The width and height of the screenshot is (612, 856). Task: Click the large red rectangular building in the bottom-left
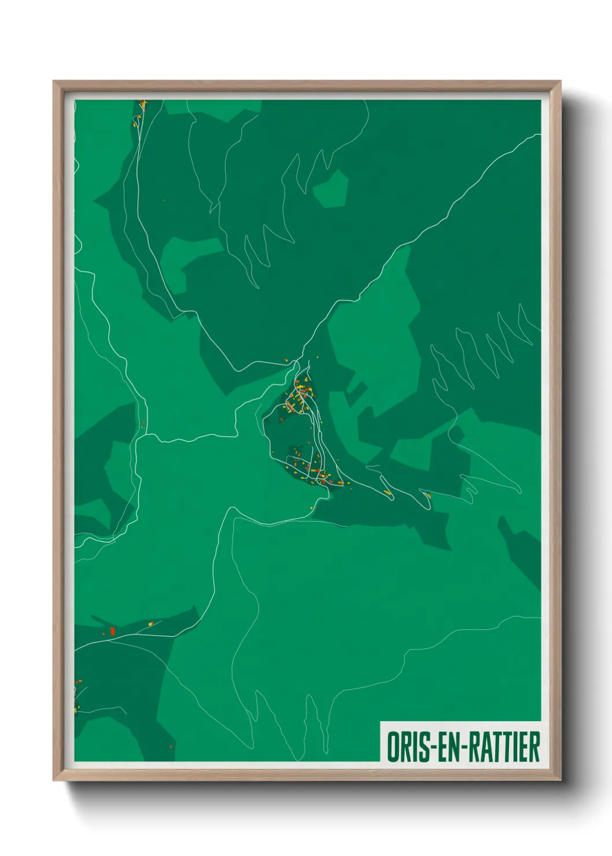pos(113,630)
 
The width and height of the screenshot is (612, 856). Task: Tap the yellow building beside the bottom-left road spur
pos(152,623)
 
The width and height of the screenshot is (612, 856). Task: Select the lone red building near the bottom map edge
pos(172,746)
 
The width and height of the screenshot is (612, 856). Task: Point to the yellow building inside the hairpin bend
pos(387,493)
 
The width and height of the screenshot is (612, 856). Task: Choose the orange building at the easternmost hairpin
pos(428,495)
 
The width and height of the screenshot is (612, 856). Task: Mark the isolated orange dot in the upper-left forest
pos(163,201)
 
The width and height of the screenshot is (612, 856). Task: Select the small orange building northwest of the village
pos(286,360)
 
